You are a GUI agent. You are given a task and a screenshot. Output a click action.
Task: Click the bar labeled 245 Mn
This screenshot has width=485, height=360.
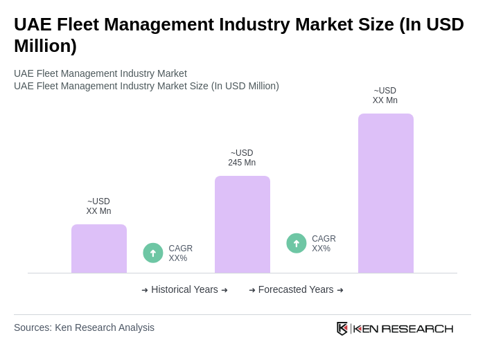tap(242, 224)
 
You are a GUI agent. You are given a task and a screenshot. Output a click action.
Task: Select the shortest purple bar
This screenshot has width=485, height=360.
tap(98, 249)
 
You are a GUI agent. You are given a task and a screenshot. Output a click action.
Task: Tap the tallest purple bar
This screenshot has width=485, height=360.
tap(385, 193)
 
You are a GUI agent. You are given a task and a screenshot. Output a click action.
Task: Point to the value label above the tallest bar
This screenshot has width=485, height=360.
tap(385, 96)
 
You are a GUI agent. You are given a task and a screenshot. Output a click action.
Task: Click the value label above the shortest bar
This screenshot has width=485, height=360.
tap(98, 206)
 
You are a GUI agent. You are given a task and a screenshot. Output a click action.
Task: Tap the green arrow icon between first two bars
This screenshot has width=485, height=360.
tap(153, 253)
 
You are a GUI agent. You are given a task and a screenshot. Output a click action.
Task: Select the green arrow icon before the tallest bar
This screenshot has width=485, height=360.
tap(297, 243)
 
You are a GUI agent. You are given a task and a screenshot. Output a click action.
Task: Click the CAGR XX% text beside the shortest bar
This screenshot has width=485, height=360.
tap(180, 253)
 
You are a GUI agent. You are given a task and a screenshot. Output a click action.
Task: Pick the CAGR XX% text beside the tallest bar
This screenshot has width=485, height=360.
tap(324, 244)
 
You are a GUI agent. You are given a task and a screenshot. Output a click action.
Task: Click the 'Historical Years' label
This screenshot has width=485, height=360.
tap(184, 289)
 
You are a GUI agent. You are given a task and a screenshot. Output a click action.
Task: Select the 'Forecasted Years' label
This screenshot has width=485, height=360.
tap(296, 289)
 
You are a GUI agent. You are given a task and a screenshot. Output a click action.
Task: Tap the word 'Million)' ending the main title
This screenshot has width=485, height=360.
tap(45, 46)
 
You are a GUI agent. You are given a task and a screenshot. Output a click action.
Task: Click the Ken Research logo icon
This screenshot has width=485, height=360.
tap(342, 328)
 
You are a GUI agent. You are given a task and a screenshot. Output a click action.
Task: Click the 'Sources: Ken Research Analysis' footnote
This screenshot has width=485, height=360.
tap(84, 327)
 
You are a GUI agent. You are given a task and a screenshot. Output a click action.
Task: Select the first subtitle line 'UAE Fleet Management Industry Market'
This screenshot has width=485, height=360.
tap(100, 73)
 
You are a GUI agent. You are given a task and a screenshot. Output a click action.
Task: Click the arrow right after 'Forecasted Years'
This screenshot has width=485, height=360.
tap(340, 290)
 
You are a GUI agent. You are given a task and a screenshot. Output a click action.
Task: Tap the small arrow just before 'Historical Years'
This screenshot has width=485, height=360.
tap(145, 290)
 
